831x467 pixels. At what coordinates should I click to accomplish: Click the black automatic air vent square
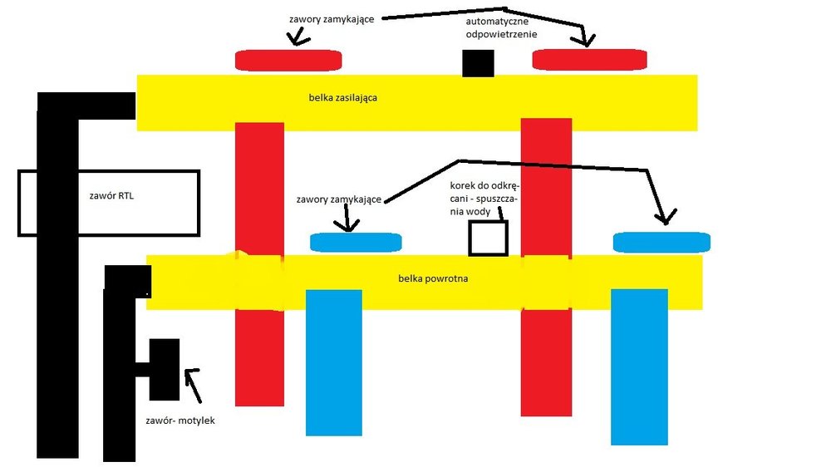coord(478,63)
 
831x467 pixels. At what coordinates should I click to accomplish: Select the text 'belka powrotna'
coord(433,278)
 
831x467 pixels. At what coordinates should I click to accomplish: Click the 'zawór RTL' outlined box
coord(108,203)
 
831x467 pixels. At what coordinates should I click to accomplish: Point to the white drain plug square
coord(488,238)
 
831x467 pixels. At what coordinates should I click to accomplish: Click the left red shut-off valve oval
coord(292,60)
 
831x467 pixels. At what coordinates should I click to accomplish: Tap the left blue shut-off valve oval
coord(356,242)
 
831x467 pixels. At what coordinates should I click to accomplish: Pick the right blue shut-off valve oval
coord(661,242)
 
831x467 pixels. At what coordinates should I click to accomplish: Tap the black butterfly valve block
coord(164,369)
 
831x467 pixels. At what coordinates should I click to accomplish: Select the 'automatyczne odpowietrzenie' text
coord(501,28)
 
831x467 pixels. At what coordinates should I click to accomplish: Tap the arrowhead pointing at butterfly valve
coord(190,376)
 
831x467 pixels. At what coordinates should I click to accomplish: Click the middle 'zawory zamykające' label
coord(338,200)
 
